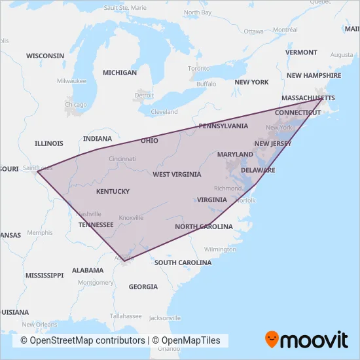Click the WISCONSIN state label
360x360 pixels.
(x=45, y=56)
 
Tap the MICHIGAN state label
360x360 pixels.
(x=119, y=73)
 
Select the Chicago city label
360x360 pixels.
(x=75, y=104)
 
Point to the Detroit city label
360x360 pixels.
(x=144, y=96)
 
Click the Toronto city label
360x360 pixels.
(x=199, y=68)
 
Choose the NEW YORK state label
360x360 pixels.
(x=251, y=82)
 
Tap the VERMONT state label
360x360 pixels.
(x=301, y=52)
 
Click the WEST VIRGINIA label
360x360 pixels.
(x=176, y=175)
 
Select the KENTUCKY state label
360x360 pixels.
(x=113, y=192)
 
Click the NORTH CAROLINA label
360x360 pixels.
(x=204, y=226)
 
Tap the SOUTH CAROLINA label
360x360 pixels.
(x=183, y=262)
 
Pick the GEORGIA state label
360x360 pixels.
(x=143, y=287)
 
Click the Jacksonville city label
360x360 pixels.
(x=164, y=318)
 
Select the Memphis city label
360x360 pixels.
(x=40, y=232)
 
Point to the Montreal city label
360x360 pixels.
(x=285, y=29)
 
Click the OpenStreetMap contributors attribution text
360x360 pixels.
(x=82, y=340)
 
